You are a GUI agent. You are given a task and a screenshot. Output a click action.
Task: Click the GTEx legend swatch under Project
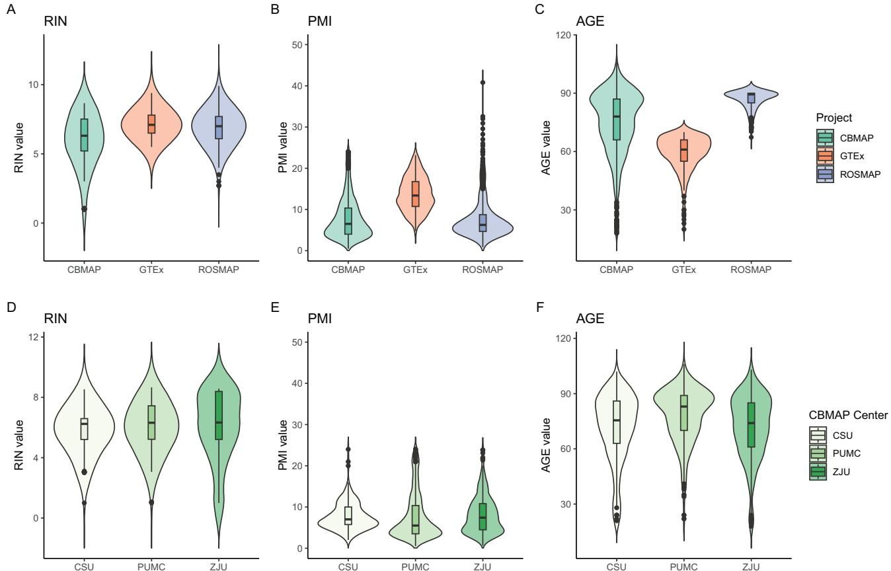825,156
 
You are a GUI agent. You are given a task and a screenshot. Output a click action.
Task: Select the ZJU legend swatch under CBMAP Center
818,472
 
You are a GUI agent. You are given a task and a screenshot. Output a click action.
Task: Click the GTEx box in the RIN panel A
151,124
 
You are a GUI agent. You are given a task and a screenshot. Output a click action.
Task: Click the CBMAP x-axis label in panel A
84,270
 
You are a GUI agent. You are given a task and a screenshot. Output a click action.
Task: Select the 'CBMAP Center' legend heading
847,415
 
